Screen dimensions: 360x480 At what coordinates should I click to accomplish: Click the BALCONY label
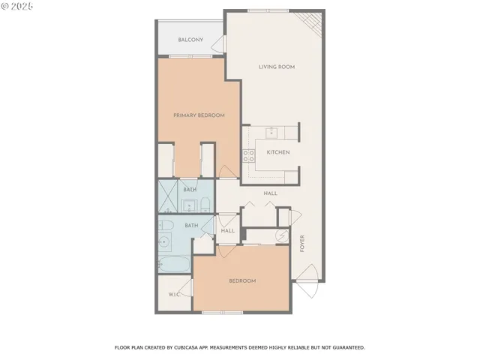point(190,40)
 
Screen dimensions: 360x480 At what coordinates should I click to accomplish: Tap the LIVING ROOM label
point(277,67)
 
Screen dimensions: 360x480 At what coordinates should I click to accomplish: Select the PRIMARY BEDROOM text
point(199,115)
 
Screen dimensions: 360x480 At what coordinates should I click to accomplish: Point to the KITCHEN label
point(278,152)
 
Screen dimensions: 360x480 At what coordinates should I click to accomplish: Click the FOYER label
point(303,244)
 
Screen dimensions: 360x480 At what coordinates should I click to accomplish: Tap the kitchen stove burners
point(248,155)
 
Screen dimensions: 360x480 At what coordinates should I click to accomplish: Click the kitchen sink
point(273,133)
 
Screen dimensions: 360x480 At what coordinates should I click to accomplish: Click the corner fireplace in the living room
point(313,25)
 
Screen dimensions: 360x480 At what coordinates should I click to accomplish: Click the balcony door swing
point(219,45)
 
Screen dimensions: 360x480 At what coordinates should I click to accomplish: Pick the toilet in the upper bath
point(205,205)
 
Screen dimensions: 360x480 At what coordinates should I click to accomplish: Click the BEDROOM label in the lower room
point(242,280)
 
